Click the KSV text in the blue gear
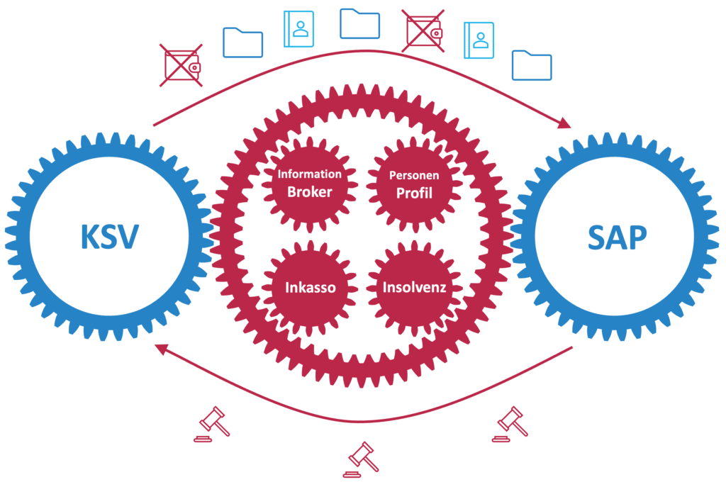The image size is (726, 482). point(108,237)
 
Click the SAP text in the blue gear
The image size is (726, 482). point(617,237)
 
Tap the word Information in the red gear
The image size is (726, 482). point(310,174)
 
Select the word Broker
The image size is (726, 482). point(310,191)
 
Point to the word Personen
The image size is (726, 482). point(415,174)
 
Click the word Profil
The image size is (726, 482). point(415,192)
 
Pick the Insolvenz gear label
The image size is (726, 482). point(414,288)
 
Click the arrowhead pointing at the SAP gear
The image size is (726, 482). point(565,123)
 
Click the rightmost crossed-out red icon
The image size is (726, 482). point(423,31)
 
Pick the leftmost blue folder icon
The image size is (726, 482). point(243,43)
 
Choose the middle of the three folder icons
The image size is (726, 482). point(360,23)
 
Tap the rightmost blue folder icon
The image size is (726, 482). point(532,65)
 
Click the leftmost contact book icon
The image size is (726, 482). point(301,29)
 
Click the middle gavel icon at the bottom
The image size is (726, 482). point(360,457)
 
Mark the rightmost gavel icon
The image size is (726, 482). point(510,424)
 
